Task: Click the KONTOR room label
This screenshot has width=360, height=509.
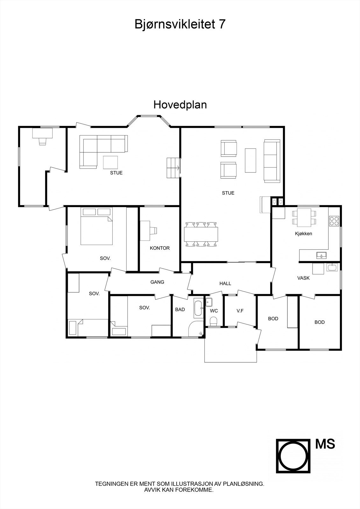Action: coord(160,248)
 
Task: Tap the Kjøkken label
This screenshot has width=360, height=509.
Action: coord(303,234)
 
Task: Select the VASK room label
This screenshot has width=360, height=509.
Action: coord(303,278)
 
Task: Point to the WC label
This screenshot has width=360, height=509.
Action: coord(214,311)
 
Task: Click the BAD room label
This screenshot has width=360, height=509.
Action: coord(180,310)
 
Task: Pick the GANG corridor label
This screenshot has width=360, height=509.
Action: coord(157,282)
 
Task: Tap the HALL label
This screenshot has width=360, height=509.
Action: coord(225,283)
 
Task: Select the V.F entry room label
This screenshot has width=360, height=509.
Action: coord(240,311)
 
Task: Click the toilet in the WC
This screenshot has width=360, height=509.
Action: coord(214,321)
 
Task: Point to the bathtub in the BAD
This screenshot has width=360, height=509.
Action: coord(198,308)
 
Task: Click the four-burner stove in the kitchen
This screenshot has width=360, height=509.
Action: coord(334,221)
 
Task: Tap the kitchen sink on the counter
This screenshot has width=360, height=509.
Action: coord(321,255)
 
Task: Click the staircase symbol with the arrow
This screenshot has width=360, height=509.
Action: coord(173,168)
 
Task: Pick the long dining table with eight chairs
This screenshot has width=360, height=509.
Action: coord(201,234)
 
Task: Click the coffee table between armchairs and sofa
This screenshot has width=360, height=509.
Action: coord(251,160)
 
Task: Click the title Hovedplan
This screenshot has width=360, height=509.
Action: coord(180,105)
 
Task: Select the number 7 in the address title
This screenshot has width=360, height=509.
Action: coord(222,24)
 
